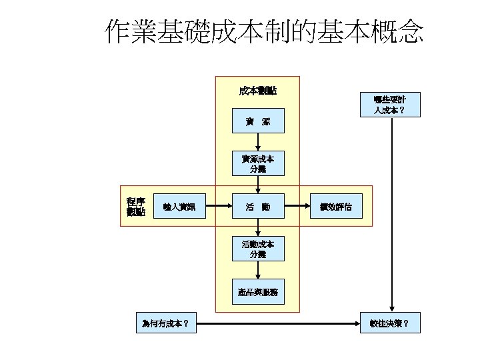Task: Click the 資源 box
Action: click(x=257, y=121)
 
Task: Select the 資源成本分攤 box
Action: click(x=257, y=164)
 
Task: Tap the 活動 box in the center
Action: click(x=257, y=207)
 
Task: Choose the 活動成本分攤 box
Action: click(x=257, y=249)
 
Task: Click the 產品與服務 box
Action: click(x=257, y=291)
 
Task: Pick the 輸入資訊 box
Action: click(x=179, y=207)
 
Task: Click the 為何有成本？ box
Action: click(x=165, y=324)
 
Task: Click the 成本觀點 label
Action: click(x=257, y=90)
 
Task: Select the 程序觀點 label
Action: click(x=136, y=207)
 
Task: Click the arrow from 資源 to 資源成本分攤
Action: click(x=257, y=142)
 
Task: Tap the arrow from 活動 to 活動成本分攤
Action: click(x=257, y=227)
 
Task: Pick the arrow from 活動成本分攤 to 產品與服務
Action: click(x=257, y=269)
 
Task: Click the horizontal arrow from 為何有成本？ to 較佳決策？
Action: click(x=277, y=325)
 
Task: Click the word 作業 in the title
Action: click(x=131, y=31)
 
